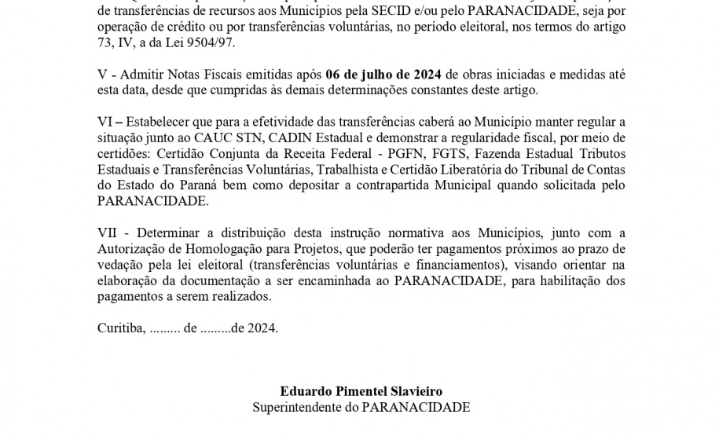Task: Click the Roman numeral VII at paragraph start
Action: point(108,233)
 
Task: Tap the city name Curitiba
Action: point(121,328)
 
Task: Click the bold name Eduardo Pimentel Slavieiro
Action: point(361,390)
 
